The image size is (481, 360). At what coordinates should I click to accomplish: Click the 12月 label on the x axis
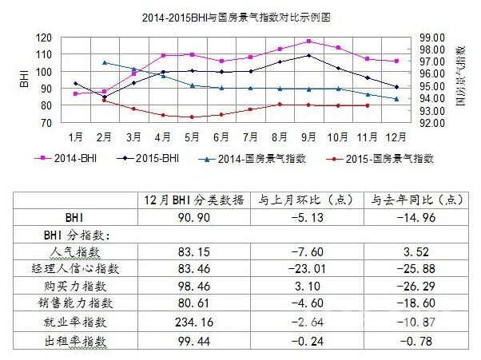click(x=396, y=136)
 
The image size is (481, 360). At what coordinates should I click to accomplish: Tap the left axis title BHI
click(x=22, y=80)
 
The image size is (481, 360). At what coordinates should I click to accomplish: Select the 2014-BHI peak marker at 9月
click(x=308, y=41)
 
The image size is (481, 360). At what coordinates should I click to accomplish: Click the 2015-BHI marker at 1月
click(x=76, y=84)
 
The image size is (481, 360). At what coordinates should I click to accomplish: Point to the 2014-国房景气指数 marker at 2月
click(x=105, y=62)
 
